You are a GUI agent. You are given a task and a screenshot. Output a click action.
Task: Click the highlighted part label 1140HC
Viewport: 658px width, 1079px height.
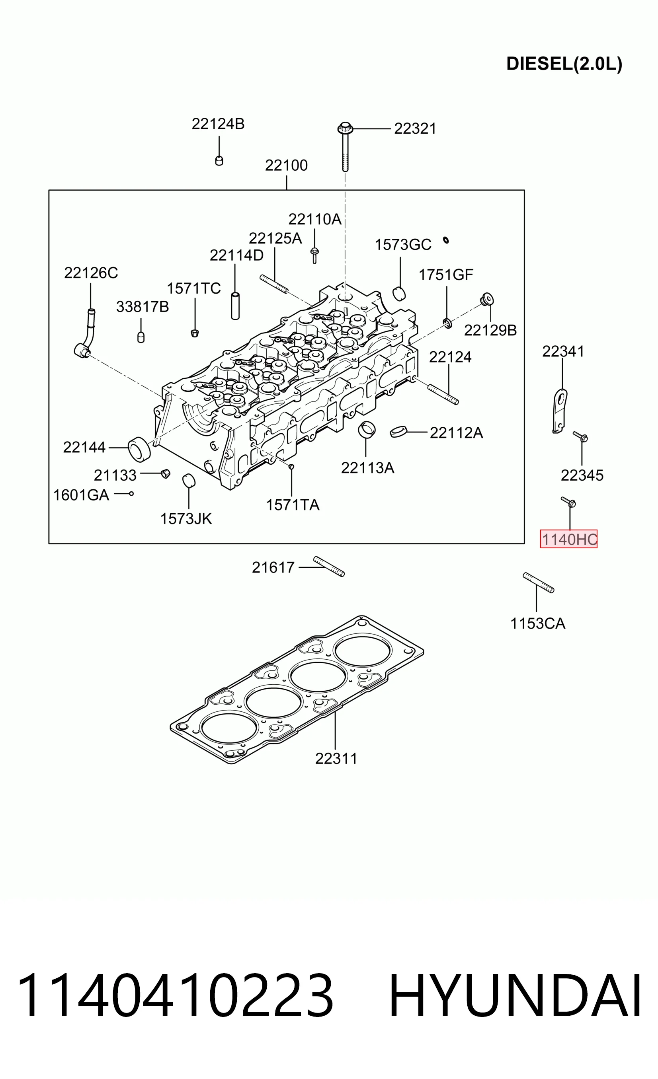(568, 539)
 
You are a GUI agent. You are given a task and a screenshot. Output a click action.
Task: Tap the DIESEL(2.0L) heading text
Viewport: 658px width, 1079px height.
(564, 64)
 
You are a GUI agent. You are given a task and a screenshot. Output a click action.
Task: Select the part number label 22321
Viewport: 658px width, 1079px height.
(415, 129)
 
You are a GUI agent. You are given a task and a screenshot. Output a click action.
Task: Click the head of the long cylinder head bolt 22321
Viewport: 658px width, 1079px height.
(345, 128)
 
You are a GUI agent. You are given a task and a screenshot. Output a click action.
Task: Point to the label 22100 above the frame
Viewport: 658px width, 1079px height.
(286, 165)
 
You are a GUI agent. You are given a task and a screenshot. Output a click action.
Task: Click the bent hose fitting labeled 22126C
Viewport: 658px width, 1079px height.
(86, 333)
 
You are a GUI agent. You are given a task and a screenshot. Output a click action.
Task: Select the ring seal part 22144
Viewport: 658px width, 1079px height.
(139, 449)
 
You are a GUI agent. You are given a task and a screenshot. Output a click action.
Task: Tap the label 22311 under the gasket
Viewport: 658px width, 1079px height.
(336, 758)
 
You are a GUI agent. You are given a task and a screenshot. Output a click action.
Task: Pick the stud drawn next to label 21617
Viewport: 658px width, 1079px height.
(329, 566)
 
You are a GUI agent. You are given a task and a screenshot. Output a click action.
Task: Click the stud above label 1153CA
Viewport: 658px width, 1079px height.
(539, 582)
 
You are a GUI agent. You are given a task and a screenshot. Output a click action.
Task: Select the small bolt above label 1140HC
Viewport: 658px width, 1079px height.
(568, 502)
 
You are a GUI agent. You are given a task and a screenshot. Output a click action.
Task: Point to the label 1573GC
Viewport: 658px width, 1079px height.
(402, 244)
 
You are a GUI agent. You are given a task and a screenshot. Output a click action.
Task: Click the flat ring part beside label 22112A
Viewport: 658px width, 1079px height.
(398, 431)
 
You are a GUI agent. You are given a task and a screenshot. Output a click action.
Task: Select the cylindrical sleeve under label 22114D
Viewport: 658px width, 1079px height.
(235, 306)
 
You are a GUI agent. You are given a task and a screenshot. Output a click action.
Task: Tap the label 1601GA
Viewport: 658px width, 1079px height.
(81, 495)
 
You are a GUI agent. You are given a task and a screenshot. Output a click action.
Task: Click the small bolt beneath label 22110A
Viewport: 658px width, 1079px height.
(314, 255)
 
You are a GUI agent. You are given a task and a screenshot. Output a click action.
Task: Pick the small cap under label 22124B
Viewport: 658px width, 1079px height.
(219, 160)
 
